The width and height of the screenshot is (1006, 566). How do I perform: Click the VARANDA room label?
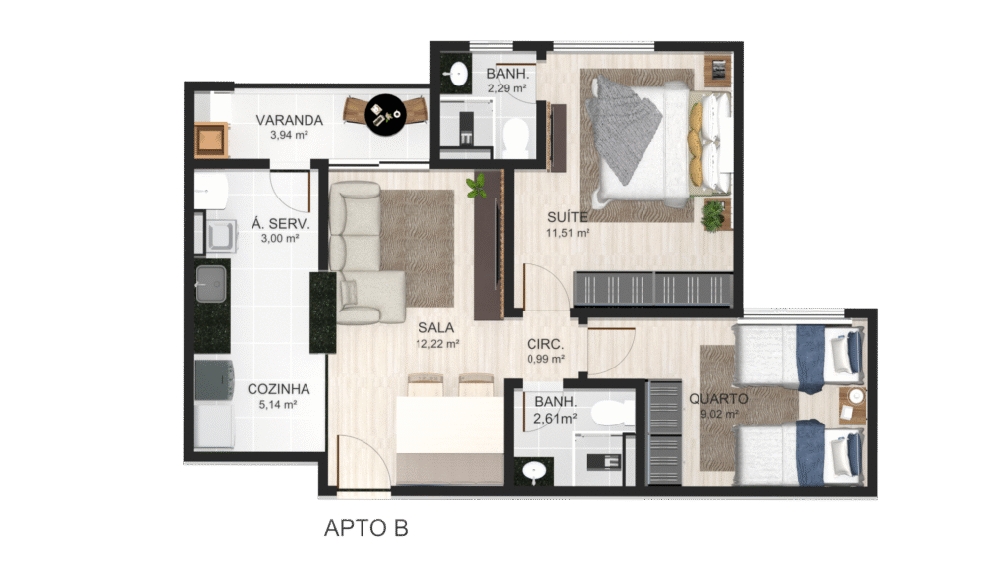290,120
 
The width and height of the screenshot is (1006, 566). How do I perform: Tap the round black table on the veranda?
385,115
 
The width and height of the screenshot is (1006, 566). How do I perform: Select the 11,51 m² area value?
568,233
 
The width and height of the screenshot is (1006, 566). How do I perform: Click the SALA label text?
436,328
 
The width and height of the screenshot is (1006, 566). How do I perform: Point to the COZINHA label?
278,389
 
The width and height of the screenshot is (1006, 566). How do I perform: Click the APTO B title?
366,528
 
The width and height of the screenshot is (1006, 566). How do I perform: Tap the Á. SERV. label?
280,223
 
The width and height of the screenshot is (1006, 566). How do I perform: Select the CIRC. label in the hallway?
545,345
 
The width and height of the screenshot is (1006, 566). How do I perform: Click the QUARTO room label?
718,399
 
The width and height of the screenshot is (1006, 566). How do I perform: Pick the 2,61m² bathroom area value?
555,419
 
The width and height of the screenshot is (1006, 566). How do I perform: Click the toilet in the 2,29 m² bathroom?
515,137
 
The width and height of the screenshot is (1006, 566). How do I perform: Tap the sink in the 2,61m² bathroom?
533,472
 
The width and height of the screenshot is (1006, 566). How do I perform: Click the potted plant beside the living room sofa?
476,186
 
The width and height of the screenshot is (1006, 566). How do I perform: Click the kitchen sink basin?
210,284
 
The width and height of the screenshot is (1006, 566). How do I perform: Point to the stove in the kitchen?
213,380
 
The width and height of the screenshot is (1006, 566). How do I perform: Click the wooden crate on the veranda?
210,140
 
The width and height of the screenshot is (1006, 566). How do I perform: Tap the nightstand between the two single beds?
854,404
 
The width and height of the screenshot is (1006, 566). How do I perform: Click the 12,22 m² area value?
437,344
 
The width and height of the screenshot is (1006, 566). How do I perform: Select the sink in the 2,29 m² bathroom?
458,74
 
